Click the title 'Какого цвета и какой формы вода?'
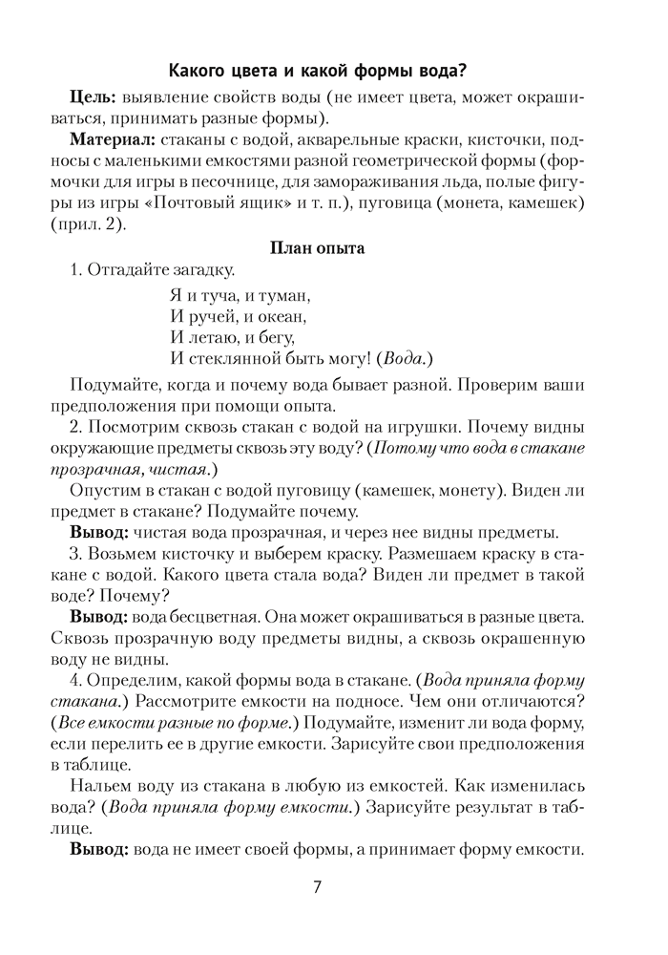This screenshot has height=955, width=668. coord(324,70)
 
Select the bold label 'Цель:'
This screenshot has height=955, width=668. coord(93,99)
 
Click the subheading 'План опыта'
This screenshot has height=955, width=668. coord(324,248)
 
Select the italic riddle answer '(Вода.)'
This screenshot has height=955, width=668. coord(405,358)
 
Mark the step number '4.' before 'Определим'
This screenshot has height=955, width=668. coord(76,680)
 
